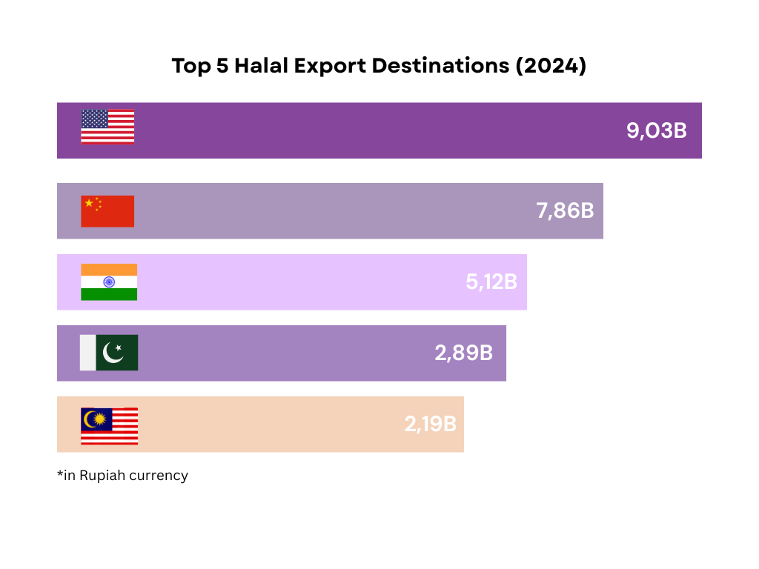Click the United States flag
107,127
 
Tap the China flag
107,211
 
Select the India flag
109,282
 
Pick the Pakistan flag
109,353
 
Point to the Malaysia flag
109,426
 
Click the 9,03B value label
657,131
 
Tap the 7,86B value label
565,210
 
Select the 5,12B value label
491,282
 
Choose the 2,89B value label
463,353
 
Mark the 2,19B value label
430,425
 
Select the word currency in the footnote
159,476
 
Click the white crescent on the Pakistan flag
113,353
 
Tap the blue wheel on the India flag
109,282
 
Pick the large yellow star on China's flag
90,203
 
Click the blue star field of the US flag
94,119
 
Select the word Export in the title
330,66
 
